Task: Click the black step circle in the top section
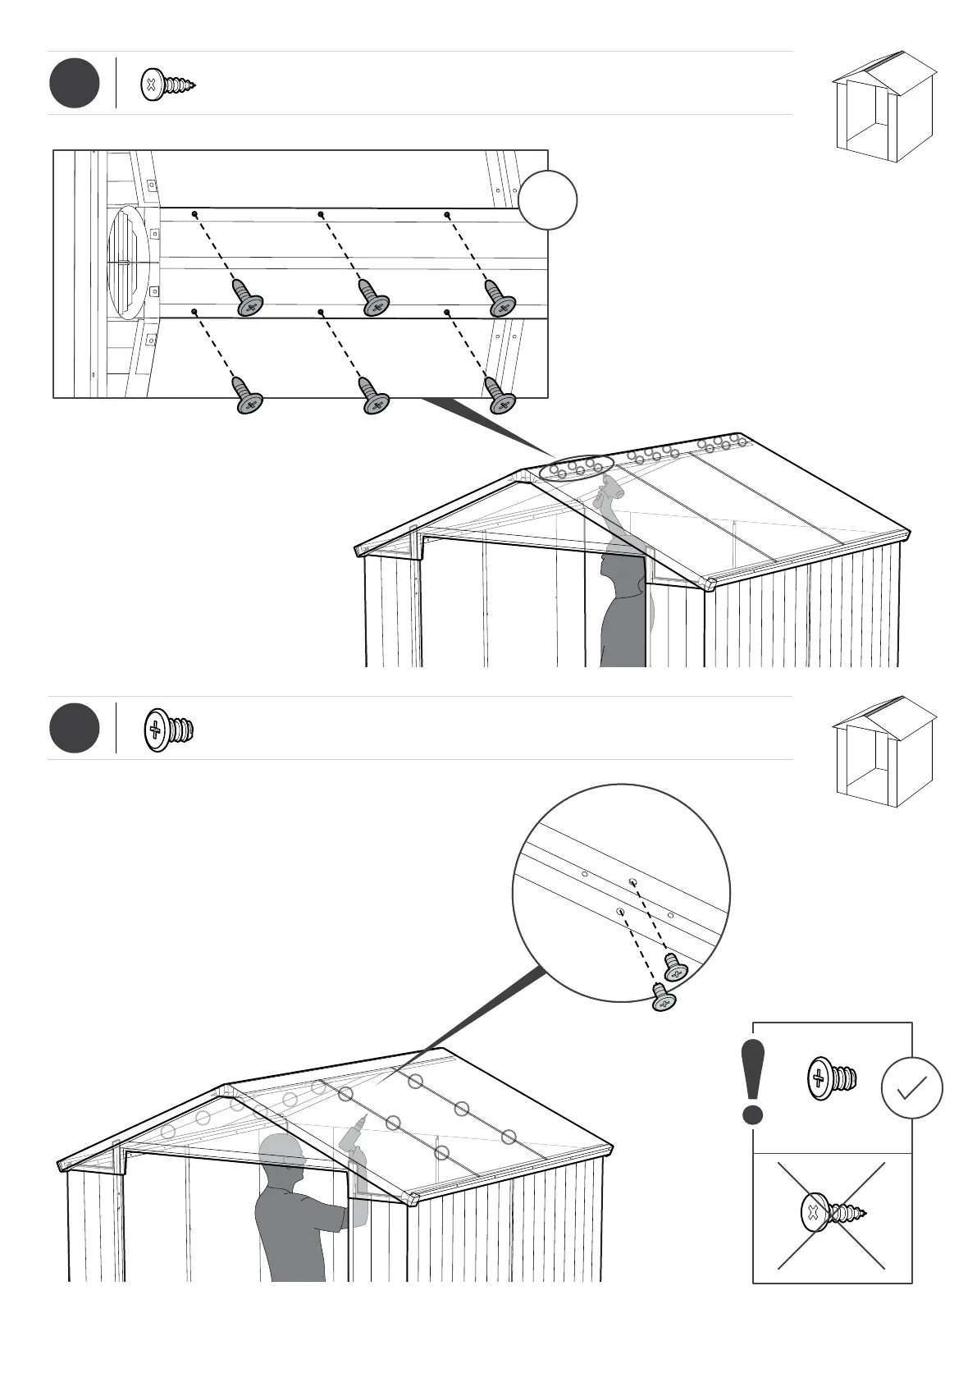(x=75, y=83)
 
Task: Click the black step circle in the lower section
(x=75, y=728)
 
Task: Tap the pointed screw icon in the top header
(x=169, y=85)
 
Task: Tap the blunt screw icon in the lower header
(x=169, y=729)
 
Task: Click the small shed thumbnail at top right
(x=884, y=107)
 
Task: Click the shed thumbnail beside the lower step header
(x=884, y=753)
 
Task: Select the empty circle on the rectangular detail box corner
(x=548, y=200)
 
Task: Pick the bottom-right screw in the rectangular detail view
(x=500, y=395)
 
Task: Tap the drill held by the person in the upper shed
(x=608, y=490)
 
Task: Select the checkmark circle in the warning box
(x=911, y=1088)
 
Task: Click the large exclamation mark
(x=752, y=1082)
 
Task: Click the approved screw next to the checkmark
(x=833, y=1078)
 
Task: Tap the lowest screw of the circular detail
(x=663, y=998)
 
